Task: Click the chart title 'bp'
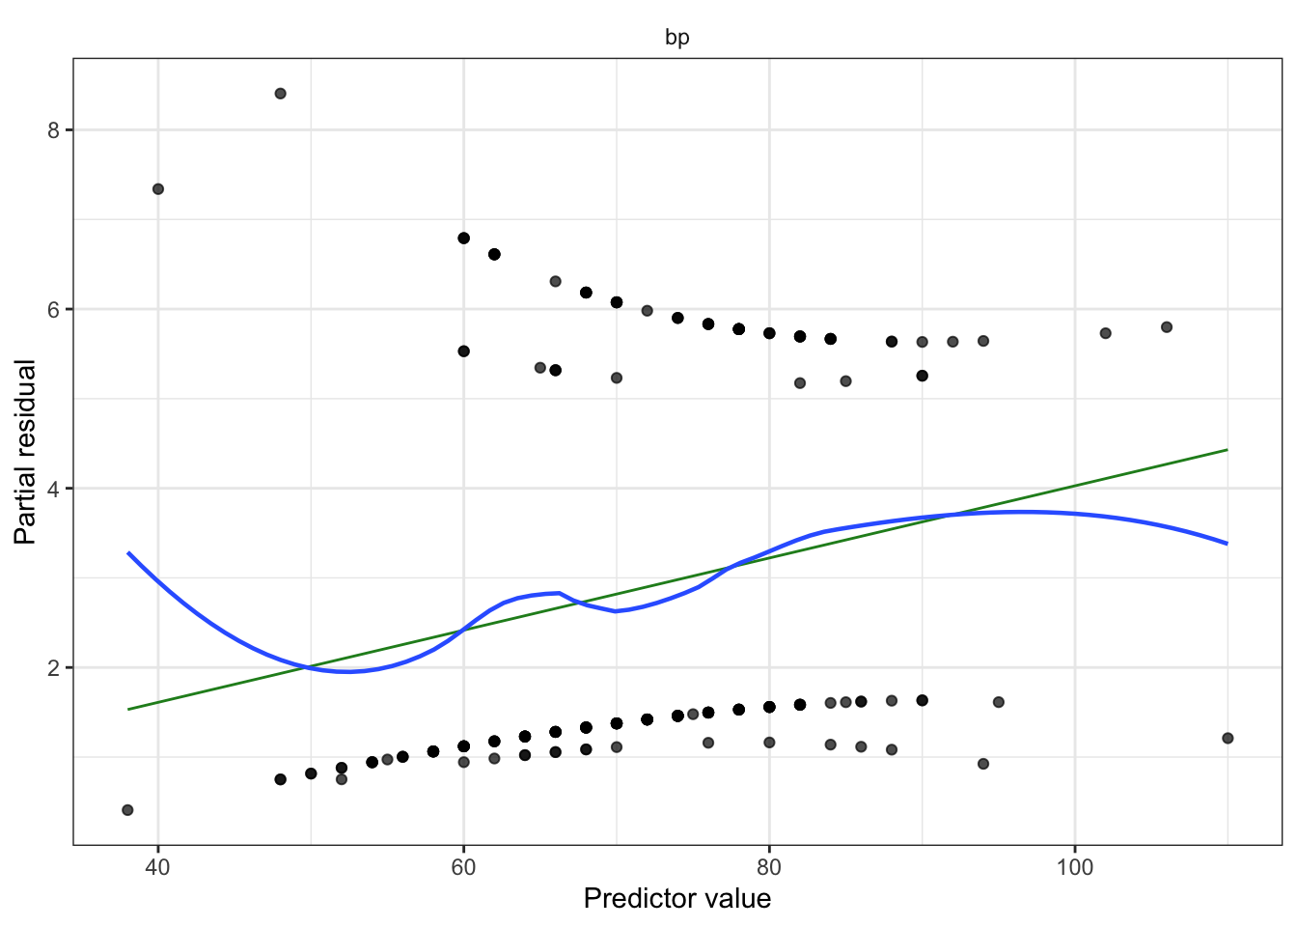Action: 676,38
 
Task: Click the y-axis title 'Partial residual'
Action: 25,452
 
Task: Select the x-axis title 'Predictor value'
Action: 676,899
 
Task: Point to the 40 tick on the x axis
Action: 158,866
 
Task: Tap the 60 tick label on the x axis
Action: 463,866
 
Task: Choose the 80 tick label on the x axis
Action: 769,866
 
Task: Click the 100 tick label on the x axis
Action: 1074,866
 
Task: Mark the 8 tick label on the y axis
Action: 54,130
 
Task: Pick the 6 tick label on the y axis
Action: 54,309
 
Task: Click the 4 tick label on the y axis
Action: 54,489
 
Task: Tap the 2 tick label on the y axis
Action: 54,668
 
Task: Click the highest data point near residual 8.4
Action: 280,94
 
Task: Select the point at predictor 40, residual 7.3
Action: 158,189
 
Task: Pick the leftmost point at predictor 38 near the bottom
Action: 127,809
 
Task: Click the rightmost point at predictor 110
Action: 1228,738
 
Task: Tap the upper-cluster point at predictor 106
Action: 1166,327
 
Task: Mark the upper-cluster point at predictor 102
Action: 1105,333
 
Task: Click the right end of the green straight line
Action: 1227,450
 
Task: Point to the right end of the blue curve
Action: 1227,544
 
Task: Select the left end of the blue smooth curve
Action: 128,553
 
